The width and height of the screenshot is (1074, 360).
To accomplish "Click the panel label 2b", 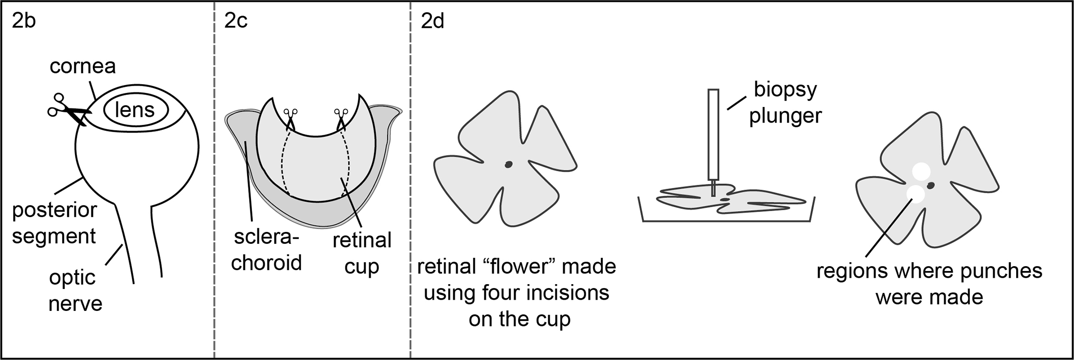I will [24, 22].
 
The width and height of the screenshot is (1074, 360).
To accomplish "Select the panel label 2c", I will [236, 22].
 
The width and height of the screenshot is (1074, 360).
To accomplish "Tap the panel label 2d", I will [432, 22].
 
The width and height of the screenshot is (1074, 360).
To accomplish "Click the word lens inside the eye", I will [135, 110].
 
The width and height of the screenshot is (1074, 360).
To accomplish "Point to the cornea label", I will [83, 66].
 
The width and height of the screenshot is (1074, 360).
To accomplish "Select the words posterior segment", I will [54, 223].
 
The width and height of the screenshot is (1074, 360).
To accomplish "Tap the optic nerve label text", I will [75, 290].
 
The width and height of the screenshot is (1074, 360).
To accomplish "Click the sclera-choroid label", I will [266, 251].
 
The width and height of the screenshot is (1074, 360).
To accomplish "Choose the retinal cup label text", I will [362, 253].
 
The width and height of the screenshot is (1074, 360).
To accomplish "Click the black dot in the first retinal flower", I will [508, 164].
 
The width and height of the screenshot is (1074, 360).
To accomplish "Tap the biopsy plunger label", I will [785, 103].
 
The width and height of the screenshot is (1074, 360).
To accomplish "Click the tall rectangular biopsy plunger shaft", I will [713, 134].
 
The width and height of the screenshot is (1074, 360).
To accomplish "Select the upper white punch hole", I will [921, 172].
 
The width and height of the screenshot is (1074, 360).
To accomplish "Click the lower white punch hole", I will [915, 193].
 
